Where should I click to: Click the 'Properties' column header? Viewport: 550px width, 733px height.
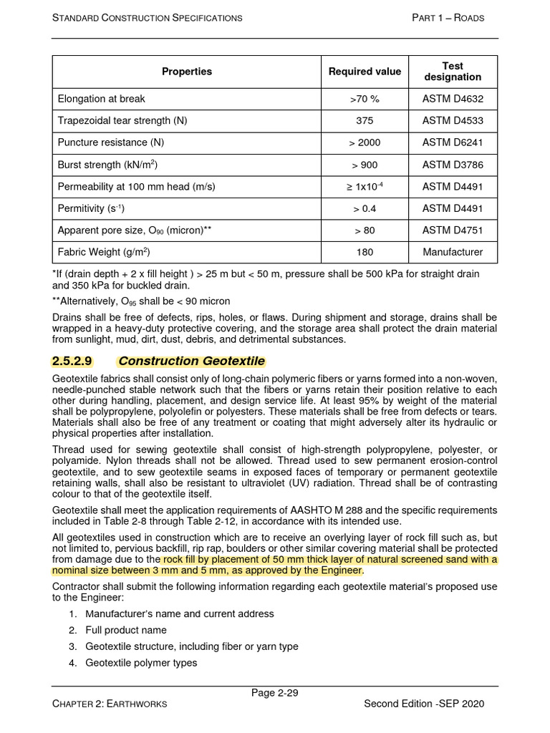(186, 71)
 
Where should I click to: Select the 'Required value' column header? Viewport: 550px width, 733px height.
(365, 71)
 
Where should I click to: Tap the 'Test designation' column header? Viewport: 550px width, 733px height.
(453, 71)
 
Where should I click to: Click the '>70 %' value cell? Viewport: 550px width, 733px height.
(365, 99)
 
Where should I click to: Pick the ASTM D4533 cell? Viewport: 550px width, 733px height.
(453, 121)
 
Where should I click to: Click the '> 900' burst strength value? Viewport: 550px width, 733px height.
(365, 165)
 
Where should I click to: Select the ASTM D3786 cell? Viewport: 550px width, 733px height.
(453, 165)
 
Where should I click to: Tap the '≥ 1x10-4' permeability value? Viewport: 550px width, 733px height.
(365, 186)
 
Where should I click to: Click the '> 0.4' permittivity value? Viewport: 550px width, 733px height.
(365, 208)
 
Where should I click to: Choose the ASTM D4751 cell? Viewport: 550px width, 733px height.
(453, 230)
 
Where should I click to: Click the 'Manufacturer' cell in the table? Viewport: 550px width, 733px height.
(453, 252)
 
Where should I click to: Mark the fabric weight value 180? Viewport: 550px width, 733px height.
(365, 252)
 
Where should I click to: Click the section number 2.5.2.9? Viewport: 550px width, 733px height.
(73, 361)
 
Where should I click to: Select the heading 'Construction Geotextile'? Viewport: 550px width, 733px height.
(191, 361)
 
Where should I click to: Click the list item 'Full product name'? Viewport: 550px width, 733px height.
(126, 630)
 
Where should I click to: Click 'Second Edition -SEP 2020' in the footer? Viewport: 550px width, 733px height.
(424, 704)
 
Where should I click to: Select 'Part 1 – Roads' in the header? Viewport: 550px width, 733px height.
(448, 17)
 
